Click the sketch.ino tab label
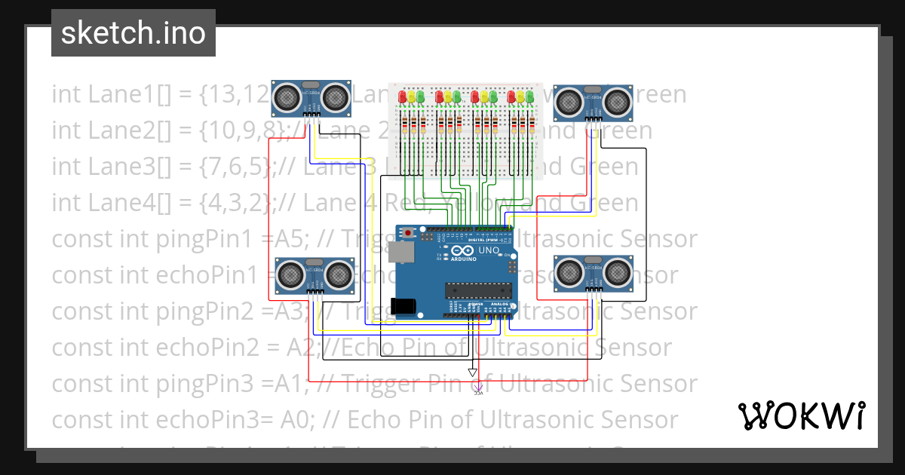[x=133, y=33]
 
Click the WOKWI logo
[x=801, y=415]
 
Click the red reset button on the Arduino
[x=408, y=233]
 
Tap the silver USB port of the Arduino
[x=401, y=252]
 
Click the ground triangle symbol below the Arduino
[x=472, y=372]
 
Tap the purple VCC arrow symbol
[x=477, y=388]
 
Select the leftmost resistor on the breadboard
[x=403, y=125]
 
